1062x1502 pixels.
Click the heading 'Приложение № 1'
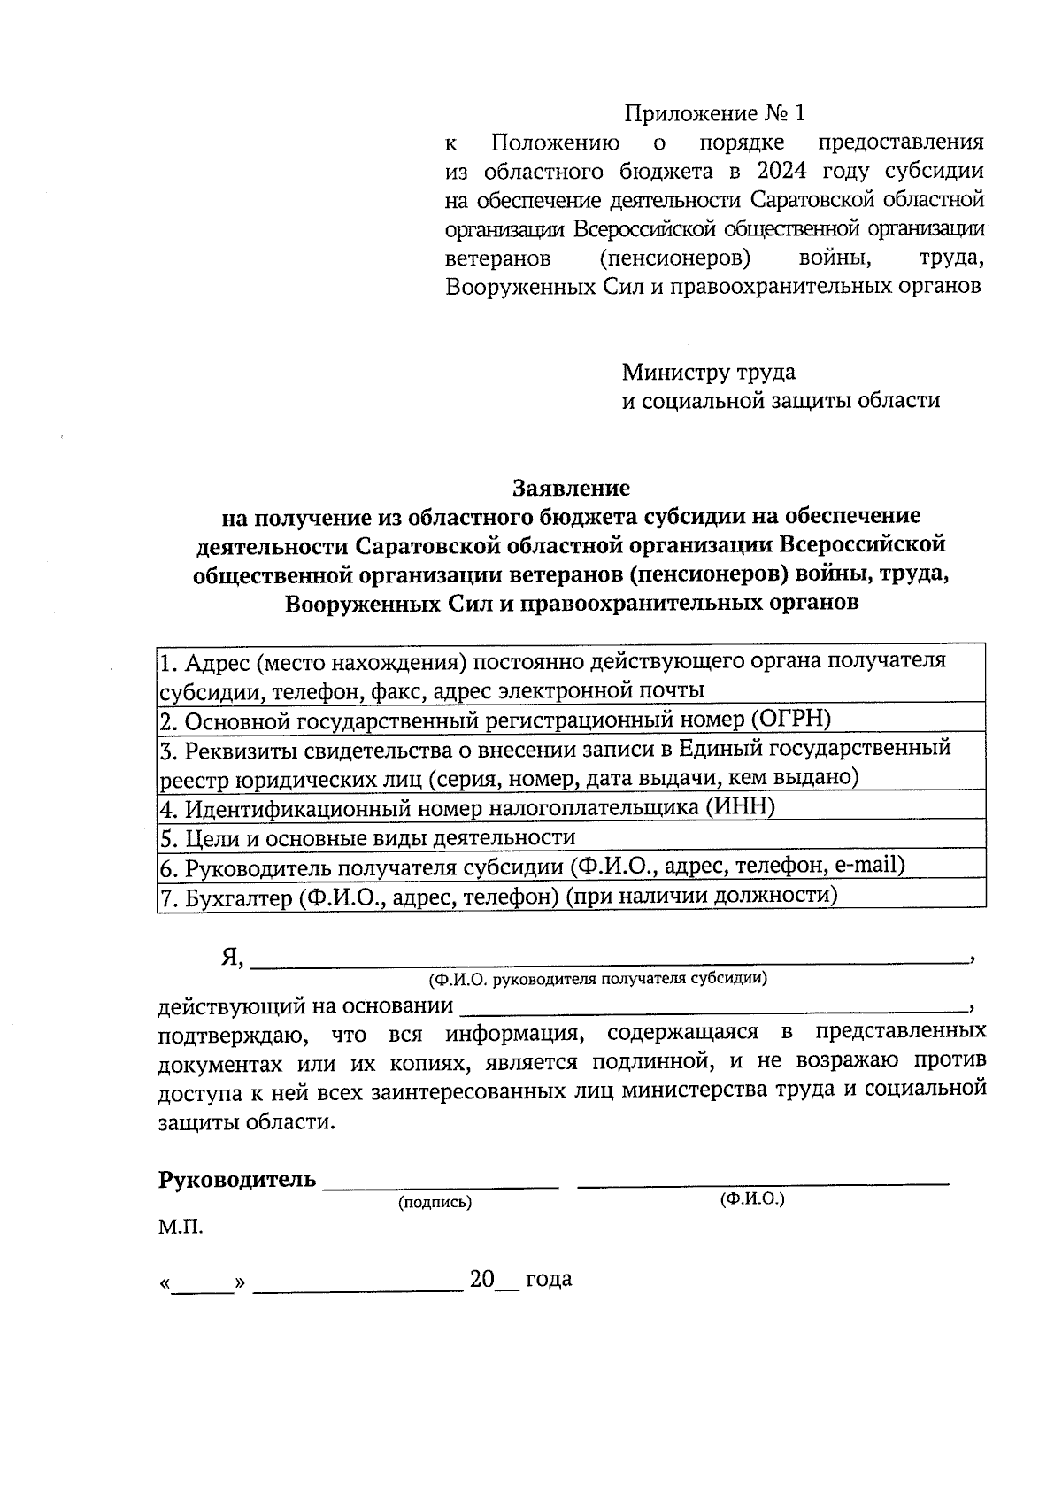(x=715, y=114)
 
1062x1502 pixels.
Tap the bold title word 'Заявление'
(x=571, y=488)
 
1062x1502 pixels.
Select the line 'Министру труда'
(x=708, y=372)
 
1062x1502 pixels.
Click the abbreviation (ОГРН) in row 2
(x=791, y=719)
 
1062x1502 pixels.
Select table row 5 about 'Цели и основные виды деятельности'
(x=571, y=837)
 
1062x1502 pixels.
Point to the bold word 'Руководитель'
(x=236, y=1180)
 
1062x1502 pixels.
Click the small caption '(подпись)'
(x=435, y=1203)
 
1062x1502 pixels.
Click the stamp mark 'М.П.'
(x=181, y=1229)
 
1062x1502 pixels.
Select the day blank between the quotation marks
(x=203, y=1282)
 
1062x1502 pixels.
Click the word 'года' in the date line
(x=549, y=1280)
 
